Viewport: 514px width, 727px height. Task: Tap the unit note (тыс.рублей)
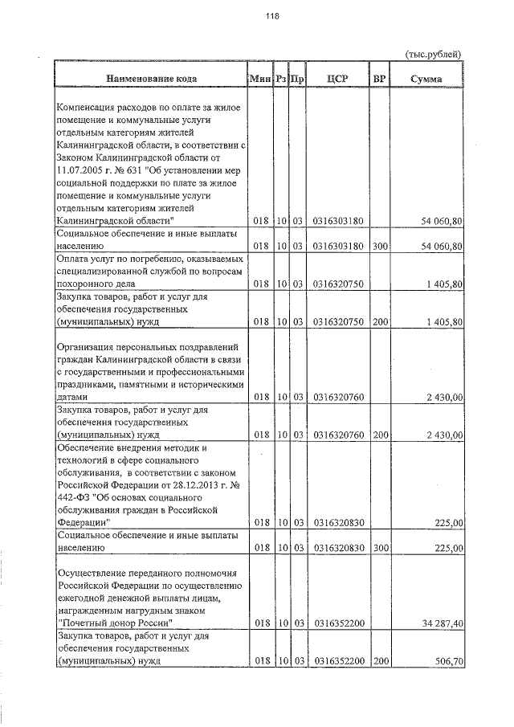pos(433,54)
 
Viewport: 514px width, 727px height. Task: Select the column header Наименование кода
pos(149,80)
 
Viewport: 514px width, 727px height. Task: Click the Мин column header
pos(259,80)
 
